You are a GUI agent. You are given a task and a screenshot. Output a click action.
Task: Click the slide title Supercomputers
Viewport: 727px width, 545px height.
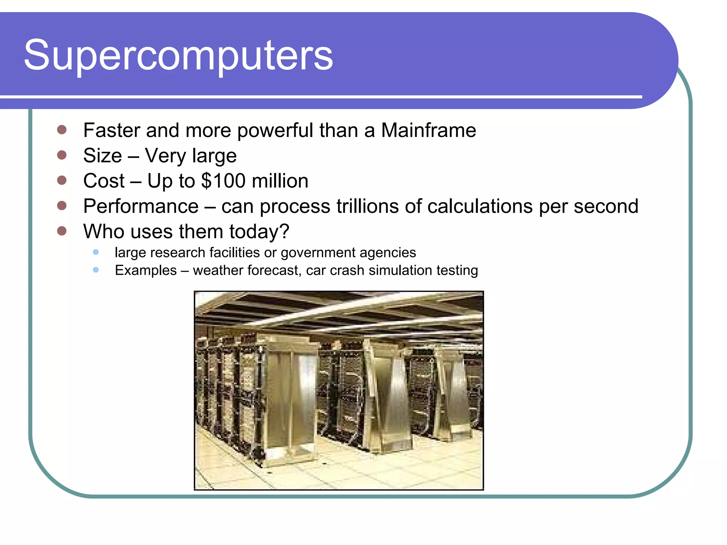pyautogui.click(x=178, y=55)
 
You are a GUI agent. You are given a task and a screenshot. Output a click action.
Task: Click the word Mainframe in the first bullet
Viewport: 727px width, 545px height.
pyautogui.click(x=428, y=130)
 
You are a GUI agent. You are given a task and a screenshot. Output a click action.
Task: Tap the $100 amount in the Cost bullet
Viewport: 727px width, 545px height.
pyautogui.click(x=223, y=181)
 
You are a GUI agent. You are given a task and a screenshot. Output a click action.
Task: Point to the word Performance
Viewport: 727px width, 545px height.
pyautogui.click(x=141, y=206)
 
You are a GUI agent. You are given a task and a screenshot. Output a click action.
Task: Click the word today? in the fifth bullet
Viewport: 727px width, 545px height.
pyautogui.click(x=259, y=231)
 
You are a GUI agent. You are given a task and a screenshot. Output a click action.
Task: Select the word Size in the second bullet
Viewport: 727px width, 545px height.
pyautogui.click(x=103, y=155)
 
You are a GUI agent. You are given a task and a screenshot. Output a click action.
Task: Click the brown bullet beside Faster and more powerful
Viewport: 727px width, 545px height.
pyautogui.click(x=62, y=130)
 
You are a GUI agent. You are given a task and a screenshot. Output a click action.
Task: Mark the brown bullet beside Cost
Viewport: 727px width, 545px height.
pyautogui.click(x=62, y=180)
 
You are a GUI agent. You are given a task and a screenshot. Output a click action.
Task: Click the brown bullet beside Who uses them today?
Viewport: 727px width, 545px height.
pyautogui.click(x=62, y=231)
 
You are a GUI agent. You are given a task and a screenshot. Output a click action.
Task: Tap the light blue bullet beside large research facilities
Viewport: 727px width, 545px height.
pyautogui.click(x=95, y=252)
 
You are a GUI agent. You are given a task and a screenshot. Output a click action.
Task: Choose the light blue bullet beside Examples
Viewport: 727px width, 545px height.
pyautogui.click(x=95, y=270)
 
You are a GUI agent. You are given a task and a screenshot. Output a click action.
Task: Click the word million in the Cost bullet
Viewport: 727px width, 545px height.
pyautogui.click(x=280, y=181)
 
